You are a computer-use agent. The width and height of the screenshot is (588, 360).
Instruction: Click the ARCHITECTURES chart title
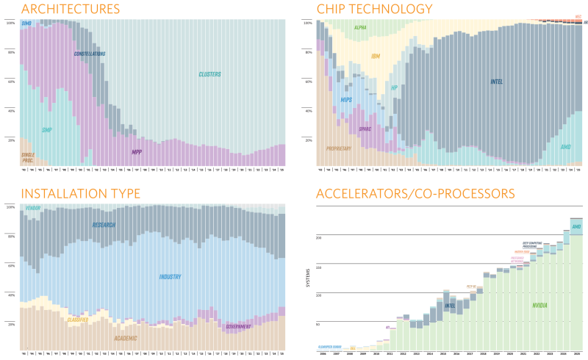tap(71, 9)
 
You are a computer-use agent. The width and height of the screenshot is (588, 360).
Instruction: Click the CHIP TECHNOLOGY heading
tap(374, 9)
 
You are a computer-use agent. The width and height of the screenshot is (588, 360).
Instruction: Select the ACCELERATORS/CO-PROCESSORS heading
tap(415, 194)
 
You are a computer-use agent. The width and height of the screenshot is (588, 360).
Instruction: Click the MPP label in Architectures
tap(137, 152)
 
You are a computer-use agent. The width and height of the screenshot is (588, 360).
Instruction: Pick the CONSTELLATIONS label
tap(90, 54)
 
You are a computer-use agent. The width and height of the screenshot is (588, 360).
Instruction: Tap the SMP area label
tap(46, 130)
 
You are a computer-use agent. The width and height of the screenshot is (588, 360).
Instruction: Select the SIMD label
tap(26, 24)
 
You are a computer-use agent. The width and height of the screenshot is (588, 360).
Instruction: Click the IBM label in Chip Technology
tap(376, 56)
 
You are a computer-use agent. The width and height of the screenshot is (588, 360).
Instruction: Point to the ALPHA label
tap(360, 27)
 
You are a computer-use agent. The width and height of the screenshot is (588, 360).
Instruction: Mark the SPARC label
tap(365, 129)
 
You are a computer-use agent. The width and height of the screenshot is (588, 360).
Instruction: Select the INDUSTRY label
tap(170, 277)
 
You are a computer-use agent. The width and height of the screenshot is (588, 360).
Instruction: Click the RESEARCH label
tap(104, 224)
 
